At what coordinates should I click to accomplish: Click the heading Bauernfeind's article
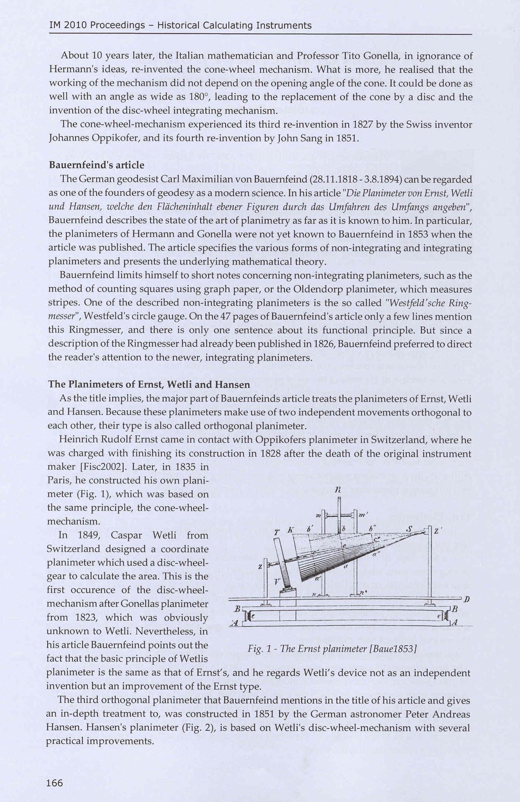pos(96,165)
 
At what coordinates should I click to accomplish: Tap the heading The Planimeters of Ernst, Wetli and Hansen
pos(149,385)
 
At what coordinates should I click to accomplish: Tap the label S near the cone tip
pos(409,530)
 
